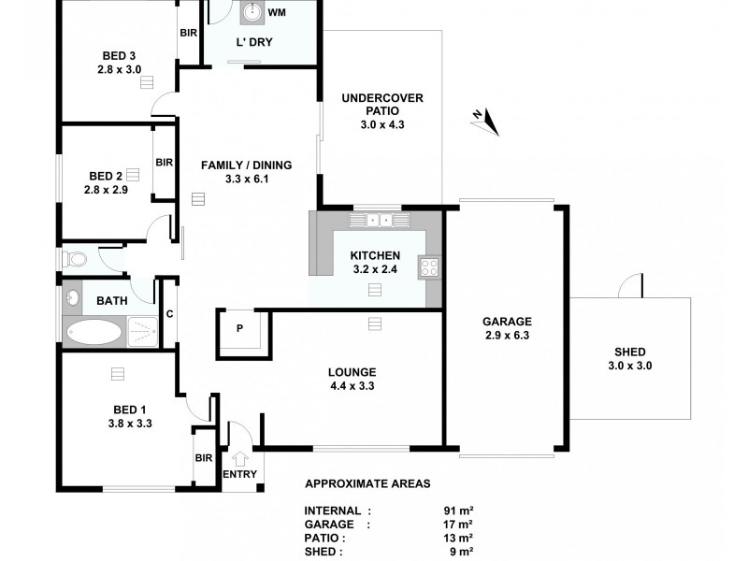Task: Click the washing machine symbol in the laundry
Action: (x=253, y=12)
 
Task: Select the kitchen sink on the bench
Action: (x=379, y=221)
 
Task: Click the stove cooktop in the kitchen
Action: (x=430, y=267)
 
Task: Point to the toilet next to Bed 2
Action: (x=74, y=258)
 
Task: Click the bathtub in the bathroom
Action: (x=93, y=331)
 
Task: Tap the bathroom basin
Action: (x=73, y=299)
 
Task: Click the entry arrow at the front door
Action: (x=240, y=459)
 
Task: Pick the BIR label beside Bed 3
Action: (x=188, y=34)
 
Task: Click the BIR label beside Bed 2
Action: (x=165, y=162)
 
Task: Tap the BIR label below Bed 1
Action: (x=204, y=458)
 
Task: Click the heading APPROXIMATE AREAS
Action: (x=367, y=484)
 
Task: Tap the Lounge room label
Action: (x=353, y=369)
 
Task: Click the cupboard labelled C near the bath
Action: (x=169, y=314)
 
